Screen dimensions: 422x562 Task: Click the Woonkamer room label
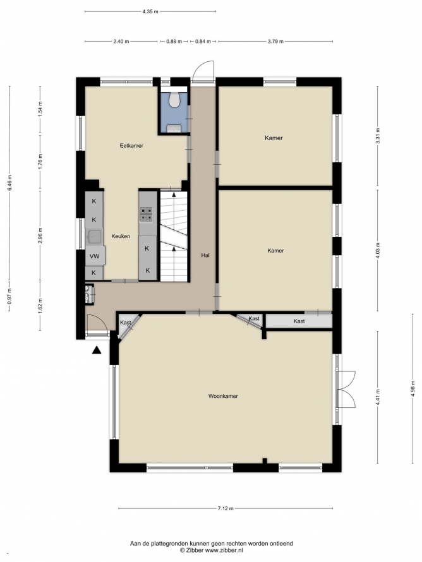[223, 396]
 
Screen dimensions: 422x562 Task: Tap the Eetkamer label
[131, 145]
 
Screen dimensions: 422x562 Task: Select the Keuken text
[121, 236]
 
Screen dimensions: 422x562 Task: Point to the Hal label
[205, 256]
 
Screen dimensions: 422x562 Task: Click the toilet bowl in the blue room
[174, 100]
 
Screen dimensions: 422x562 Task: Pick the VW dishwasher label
[95, 256]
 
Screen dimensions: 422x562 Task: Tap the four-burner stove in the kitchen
[147, 214]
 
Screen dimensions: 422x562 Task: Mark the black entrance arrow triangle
[97, 350]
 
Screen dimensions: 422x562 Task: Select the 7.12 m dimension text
[226, 508]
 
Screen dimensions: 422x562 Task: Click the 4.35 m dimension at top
[150, 11]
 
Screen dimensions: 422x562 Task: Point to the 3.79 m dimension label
[275, 41]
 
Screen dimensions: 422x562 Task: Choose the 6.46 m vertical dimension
[9, 182]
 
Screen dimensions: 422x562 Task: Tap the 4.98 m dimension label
[413, 388]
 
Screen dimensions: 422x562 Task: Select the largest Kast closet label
[299, 321]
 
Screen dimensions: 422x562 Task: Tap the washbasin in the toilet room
[174, 128]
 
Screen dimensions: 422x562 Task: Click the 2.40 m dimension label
[121, 41]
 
